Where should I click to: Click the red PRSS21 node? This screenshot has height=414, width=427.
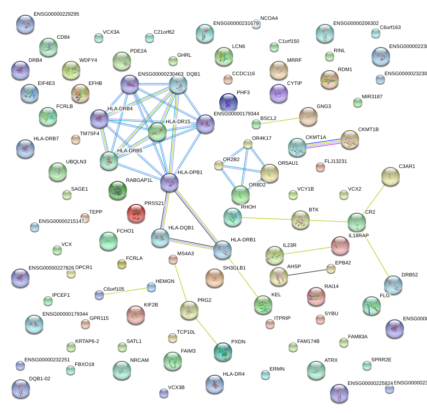click(136, 213)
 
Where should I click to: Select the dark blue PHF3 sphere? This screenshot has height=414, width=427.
click(228, 102)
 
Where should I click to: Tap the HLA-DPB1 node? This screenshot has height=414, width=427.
click(169, 182)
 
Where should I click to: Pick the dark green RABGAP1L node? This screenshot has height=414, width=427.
click(117, 190)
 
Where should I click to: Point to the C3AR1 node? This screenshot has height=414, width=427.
click(391, 176)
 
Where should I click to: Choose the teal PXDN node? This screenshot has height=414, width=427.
click(223, 352)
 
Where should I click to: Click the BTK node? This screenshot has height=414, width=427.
click(301, 220)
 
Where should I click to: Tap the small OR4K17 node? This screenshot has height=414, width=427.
click(248, 144)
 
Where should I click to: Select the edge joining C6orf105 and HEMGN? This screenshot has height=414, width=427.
click(125, 291)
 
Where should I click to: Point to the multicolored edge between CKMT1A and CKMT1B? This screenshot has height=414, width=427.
click(324, 143)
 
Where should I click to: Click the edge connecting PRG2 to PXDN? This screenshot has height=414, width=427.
click(206, 330)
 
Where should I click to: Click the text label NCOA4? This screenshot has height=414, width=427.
click(269, 18)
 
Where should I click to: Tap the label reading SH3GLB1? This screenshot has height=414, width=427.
click(235, 268)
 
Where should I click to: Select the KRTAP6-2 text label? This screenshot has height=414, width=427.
click(87, 341)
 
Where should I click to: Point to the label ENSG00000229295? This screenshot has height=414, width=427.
click(56, 14)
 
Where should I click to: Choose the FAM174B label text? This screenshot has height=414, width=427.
click(312, 341)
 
